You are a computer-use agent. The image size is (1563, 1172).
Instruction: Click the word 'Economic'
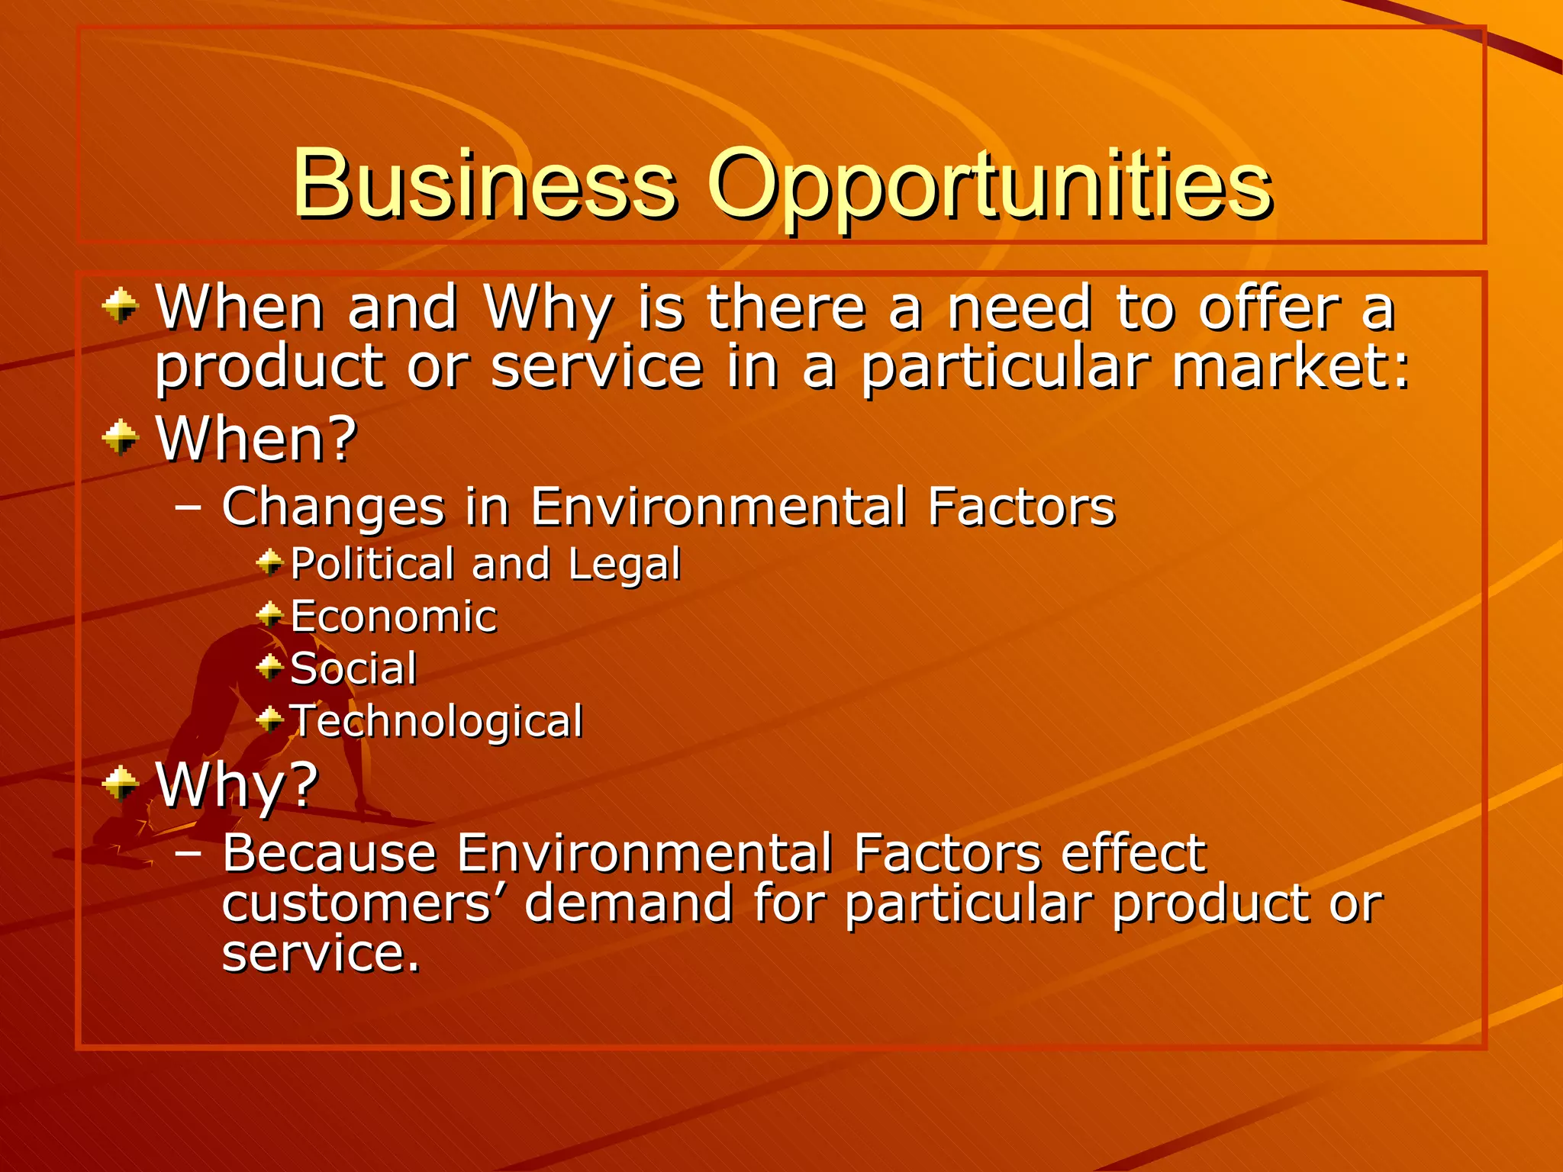394,617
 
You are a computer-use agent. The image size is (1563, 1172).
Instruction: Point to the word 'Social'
353,669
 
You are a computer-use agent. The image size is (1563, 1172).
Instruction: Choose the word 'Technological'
437,721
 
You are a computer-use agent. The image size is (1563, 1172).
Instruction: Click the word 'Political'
373,564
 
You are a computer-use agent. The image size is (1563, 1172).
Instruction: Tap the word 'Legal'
624,565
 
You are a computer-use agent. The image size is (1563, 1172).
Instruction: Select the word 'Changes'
334,507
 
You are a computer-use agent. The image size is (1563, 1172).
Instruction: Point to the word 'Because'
329,852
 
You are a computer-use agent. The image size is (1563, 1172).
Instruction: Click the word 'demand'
629,903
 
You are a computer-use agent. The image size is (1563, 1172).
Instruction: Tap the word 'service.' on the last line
321,954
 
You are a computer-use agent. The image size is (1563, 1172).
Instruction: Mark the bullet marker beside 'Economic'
269,614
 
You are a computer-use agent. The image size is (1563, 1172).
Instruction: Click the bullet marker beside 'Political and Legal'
269,563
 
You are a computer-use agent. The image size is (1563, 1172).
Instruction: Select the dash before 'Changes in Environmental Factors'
188,507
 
